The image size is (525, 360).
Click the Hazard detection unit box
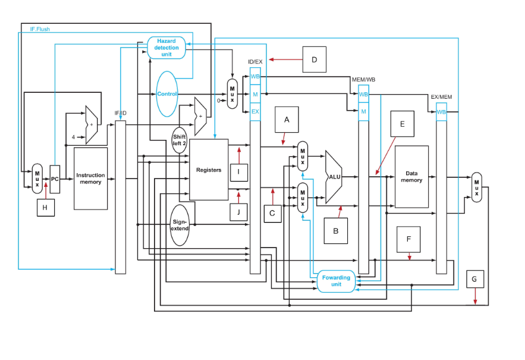(166, 48)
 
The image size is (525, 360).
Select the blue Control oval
(167, 94)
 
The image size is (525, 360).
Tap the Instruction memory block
(90, 179)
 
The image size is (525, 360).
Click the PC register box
(55, 179)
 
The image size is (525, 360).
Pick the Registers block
(209, 170)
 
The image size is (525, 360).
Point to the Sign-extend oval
(180, 225)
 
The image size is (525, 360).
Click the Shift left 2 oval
(180, 140)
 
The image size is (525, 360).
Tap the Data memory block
(411, 177)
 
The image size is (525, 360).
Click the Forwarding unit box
(336, 281)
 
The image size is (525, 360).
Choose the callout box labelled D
(314, 60)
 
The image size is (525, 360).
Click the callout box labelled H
(45, 208)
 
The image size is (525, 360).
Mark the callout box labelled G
(474, 279)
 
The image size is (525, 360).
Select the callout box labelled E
(402, 124)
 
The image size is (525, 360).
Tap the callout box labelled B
(335, 231)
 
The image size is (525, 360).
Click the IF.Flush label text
(40, 29)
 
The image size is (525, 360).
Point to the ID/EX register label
(255, 62)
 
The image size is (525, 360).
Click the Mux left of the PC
(37, 179)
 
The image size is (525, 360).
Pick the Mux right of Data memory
(477, 187)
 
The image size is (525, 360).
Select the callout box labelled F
(408, 239)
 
